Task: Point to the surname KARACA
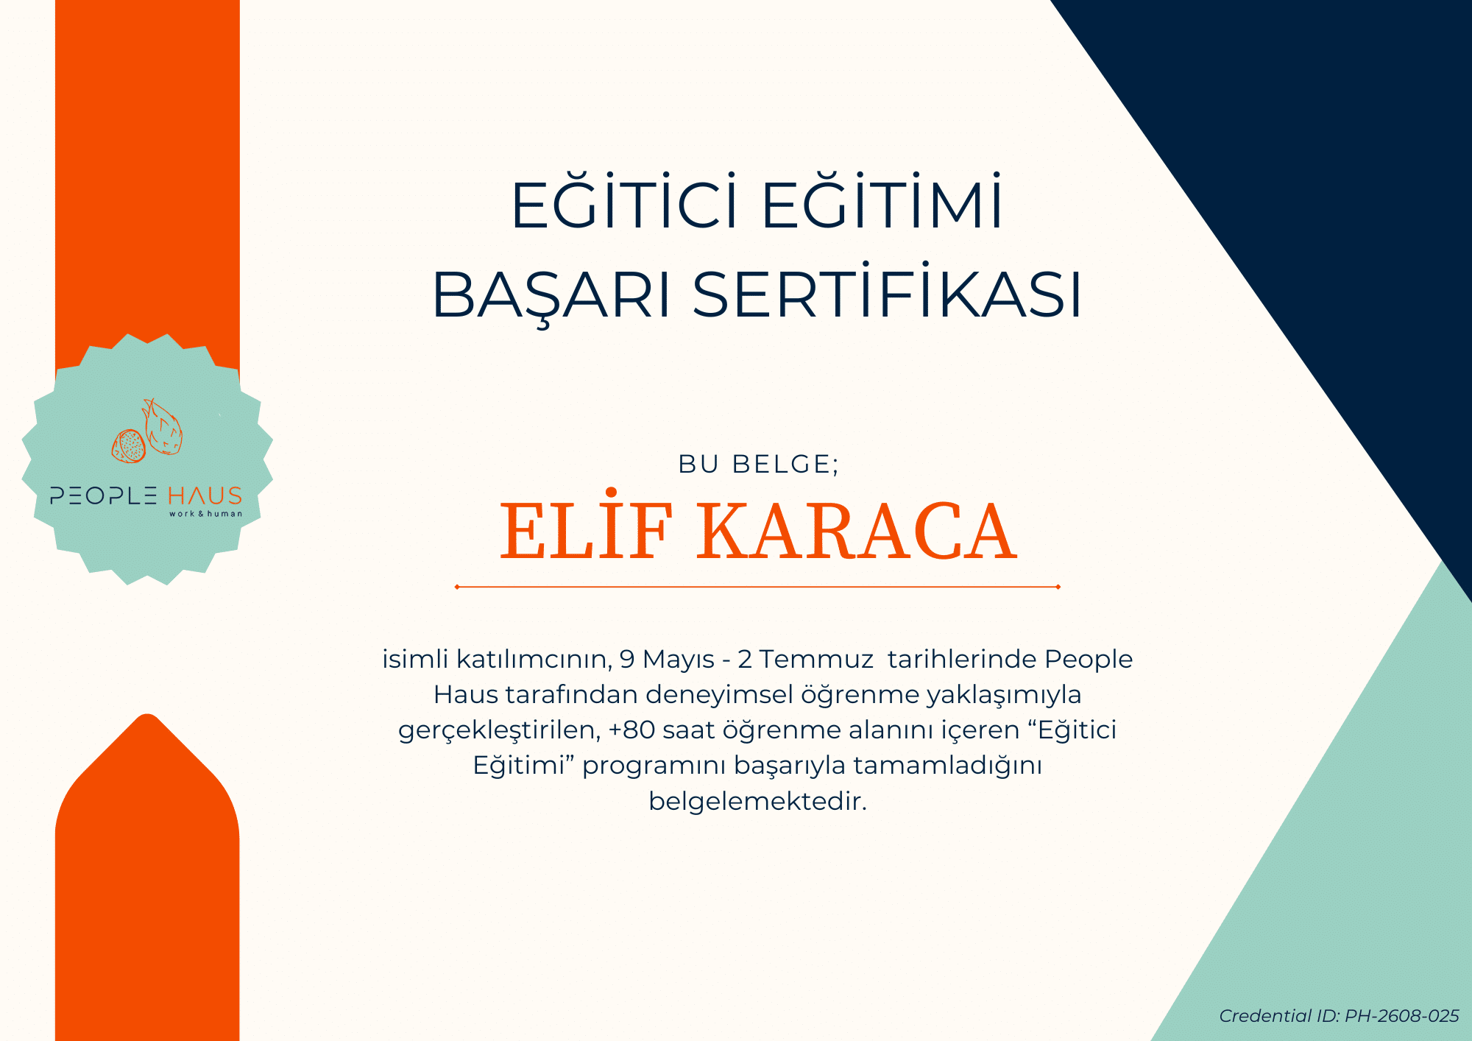[x=857, y=531]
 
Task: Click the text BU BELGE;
[x=759, y=464]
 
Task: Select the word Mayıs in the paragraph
[x=678, y=660]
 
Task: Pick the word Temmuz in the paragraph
[x=816, y=659]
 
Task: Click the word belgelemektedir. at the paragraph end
[x=758, y=800]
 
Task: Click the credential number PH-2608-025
[x=1401, y=1016]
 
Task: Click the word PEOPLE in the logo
[x=104, y=495]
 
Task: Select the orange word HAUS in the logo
[x=205, y=495]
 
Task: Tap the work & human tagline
[x=205, y=514]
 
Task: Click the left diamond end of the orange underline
[x=457, y=587]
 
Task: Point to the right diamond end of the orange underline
[x=1058, y=587]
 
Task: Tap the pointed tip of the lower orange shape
[x=147, y=714]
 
